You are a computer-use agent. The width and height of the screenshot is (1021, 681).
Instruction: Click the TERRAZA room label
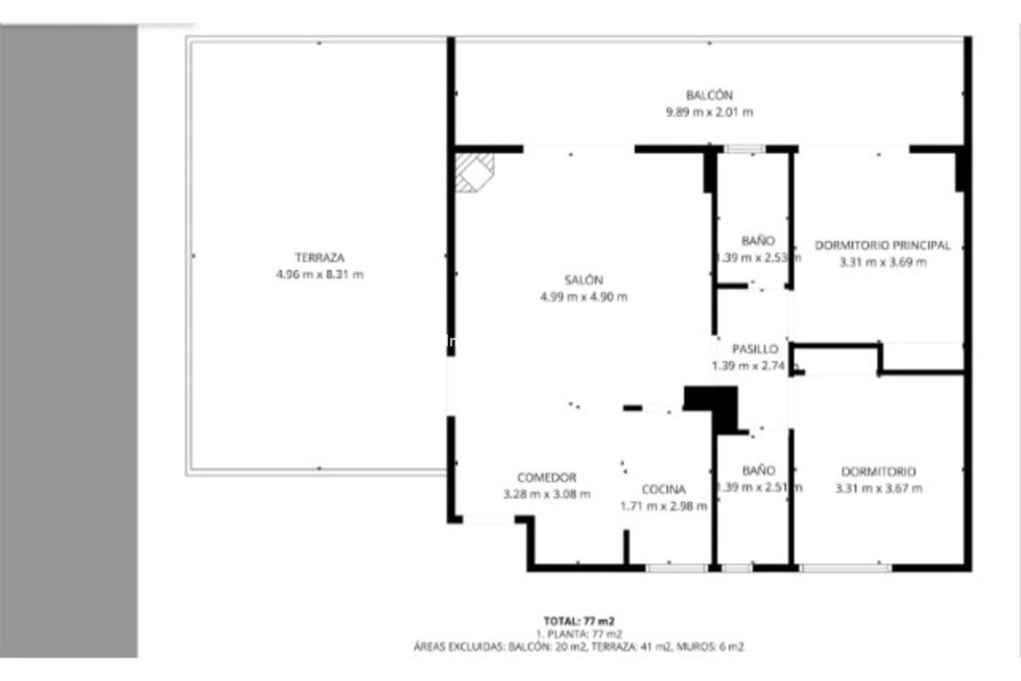pyautogui.click(x=320, y=258)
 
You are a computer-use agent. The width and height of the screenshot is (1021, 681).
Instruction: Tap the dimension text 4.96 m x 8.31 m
pyautogui.click(x=320, y=275)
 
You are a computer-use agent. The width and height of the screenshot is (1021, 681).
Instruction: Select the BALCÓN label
pyautogui.click(x=709, y=96)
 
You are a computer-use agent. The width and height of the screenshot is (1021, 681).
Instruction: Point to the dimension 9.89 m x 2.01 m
pyautogui.click(x=709, y=112)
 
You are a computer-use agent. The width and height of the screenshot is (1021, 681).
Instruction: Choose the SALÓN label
pyautogui.click(x=583, y=280)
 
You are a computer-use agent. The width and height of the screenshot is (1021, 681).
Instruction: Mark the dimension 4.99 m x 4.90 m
pyautogui.click(x=583, y=297)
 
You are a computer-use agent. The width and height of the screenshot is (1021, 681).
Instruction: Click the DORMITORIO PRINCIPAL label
pyautogui.click(x=882, y=246)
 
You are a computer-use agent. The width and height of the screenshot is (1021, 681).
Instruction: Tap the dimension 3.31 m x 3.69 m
pyautogui.click(x=882, y=262)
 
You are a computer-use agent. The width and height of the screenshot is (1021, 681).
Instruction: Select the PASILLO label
pyautogui.click(x=755, y=350)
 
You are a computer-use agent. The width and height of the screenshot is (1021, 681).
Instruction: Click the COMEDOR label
pyautogui.click(x=546, y=478)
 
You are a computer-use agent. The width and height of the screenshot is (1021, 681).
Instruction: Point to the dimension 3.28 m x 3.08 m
pyautogui.click(x=546, y=494)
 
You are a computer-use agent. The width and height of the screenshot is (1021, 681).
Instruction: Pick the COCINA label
pyautogui.click(x=663, y=489)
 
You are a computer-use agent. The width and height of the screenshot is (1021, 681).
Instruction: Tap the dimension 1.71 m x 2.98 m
pyautogui.click(x=663, y=506)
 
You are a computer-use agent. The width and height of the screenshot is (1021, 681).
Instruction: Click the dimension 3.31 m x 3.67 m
pyautogui.click(x=878, y=488)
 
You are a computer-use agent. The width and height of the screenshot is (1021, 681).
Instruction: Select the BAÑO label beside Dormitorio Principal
pyautogui.click(x=758, y=241)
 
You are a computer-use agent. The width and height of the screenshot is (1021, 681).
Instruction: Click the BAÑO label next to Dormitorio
pyautogui.click(x=758, y=471)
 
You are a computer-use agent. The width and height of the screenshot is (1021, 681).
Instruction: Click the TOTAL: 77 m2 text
pyautogui.click(x=579, y=621)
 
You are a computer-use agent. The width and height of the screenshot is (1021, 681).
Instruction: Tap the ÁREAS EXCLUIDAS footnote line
pyautogui.click(x=579, y=647)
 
